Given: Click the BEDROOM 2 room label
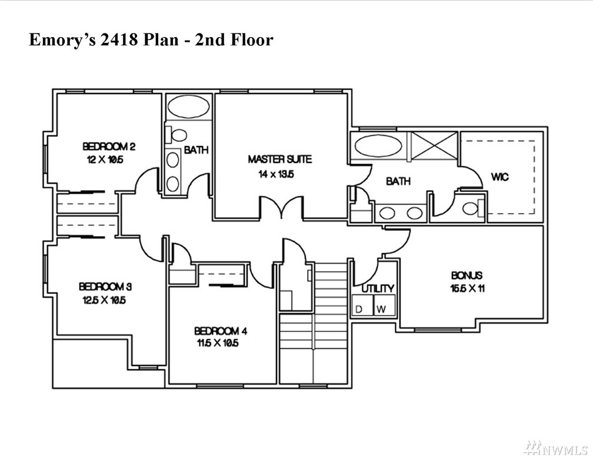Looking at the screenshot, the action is point(109,146).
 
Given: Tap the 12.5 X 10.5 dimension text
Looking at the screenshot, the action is point(104,300).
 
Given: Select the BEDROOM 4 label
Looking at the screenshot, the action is point(221,331).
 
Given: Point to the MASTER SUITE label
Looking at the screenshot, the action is point(280,159).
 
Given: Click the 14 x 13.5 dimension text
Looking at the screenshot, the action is point(276,174).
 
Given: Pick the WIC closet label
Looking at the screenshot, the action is point(500,177).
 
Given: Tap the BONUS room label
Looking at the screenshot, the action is point(467,275).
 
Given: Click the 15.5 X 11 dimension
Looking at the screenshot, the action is point(468,288).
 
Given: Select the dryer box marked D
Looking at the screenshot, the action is point(362,305).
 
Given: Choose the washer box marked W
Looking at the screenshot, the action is point(385,305).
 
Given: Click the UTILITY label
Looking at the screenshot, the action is point(378,289).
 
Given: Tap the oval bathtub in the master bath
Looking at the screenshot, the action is point(379,146).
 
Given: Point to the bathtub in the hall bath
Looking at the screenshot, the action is point(188,107).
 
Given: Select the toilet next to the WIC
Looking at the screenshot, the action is point(474,208).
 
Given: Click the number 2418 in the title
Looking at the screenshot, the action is point(118,39).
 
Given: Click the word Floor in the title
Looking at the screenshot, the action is point(252,39).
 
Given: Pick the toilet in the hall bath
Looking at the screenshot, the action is point(177,135).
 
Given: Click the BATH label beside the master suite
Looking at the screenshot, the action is point(398,181).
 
